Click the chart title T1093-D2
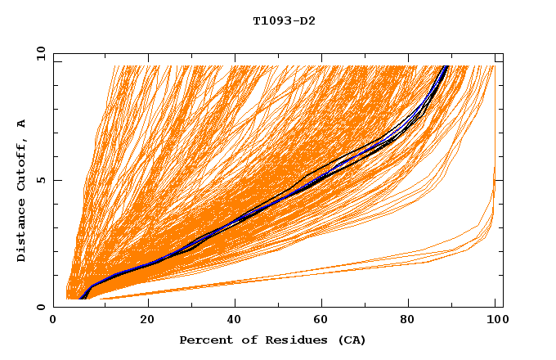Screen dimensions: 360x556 284,21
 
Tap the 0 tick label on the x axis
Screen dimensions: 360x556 53,321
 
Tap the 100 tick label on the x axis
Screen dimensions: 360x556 495,321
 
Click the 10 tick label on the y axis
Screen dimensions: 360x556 39,54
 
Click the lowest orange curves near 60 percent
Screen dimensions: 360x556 319,270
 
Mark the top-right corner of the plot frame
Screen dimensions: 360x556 502,54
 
